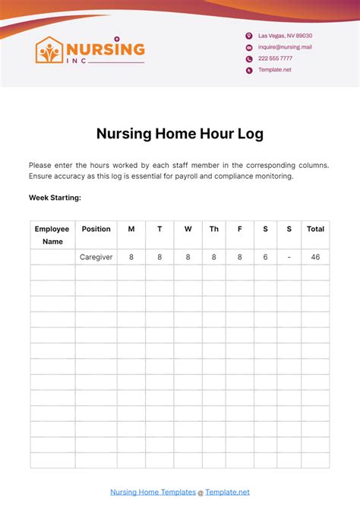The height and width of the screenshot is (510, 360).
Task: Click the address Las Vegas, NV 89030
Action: click(285, 36)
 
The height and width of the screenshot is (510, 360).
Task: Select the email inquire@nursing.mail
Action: click(285, 47)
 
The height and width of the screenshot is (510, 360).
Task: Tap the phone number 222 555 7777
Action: click(275, 59)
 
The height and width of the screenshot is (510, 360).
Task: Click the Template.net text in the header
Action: click(274, 70)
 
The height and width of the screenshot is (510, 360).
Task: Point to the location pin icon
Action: click(249, 36)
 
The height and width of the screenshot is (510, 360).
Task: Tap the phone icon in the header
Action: click(249, 59)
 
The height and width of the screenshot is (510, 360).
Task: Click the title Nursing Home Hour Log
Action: click(180, 134)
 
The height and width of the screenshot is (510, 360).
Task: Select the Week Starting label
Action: click(55, 198)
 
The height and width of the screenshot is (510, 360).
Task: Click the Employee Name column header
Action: click(52, 235)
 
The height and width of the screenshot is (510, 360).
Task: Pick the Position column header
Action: click(96, 229)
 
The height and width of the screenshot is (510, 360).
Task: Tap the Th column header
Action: click(214, 229)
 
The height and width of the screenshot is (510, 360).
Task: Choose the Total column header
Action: click(315, 229)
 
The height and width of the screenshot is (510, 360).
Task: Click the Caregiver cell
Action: click(96, 257)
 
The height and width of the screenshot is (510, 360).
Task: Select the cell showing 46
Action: click(315, 257)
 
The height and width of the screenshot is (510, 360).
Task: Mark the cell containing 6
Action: click(265, 257)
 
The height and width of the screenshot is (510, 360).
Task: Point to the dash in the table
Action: click(289, 257)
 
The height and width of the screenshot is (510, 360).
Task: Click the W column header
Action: click(188, 229)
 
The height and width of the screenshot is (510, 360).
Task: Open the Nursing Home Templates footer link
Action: click(153, 492)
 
